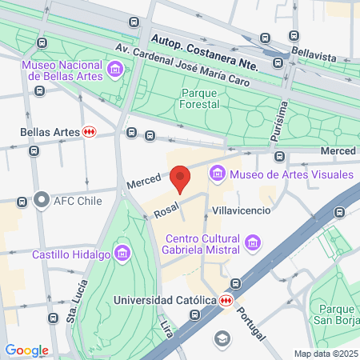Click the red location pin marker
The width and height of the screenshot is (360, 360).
click(181, 178)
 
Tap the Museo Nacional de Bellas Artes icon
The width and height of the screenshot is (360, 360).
click(117, 70)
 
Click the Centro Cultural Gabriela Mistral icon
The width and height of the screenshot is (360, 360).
click(253, 241)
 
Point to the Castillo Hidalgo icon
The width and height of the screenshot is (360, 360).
click(122, 254)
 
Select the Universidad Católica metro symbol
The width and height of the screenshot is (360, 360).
click(227, 300)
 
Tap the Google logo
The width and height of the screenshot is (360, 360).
click(26, 350)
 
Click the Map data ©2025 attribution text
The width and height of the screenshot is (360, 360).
click(324, 354)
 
